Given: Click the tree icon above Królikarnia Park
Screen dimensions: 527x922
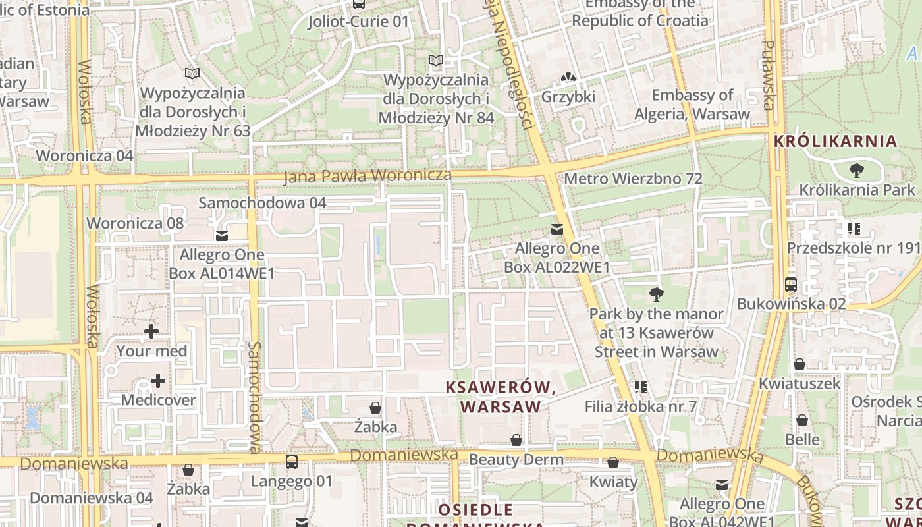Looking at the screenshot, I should [856, 171].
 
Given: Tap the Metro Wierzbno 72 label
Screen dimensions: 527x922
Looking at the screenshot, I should [633, 179].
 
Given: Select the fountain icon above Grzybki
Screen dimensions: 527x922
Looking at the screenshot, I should [568, 78].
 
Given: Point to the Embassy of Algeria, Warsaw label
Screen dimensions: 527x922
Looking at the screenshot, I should [691, 105].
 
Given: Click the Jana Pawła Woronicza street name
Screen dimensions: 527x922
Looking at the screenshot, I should [367, 176].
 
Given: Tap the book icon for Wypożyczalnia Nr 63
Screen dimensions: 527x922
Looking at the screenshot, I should [192, 74].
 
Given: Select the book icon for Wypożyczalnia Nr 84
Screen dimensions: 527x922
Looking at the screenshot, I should [435, 61].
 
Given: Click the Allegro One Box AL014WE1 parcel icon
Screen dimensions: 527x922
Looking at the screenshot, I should [222, 235].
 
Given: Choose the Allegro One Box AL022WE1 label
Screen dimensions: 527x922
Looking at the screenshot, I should [557, 258].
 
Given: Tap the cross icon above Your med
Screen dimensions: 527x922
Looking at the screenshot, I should [151, 331].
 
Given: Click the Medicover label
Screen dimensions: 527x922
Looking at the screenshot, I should [158, 400].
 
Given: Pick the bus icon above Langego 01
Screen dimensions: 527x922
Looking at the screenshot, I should [292, 462].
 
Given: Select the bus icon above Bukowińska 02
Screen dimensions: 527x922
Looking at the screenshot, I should [791, 285].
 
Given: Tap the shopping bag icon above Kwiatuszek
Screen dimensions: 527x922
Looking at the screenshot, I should [800, 364].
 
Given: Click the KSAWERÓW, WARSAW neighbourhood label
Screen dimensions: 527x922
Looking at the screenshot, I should [501, 397].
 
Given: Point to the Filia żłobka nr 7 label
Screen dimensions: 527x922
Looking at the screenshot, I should [640, 406].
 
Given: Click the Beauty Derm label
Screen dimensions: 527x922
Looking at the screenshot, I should [516, 459].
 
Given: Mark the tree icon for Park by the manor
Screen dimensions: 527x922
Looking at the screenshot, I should [656, 294].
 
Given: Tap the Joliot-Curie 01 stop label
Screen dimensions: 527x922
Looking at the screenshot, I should [358, 22].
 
